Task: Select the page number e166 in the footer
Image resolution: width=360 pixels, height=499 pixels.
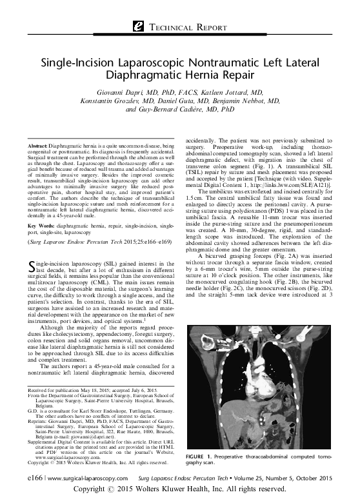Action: [28, 479]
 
